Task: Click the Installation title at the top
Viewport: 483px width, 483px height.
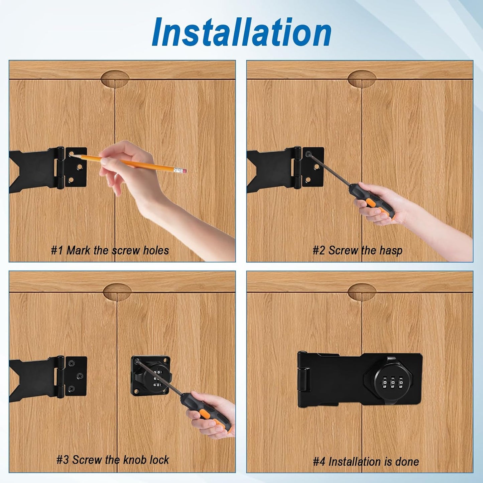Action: [241, 32]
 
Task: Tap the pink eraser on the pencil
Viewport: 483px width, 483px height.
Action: [184, 171]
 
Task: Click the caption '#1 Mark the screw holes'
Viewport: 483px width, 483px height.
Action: [110, 250]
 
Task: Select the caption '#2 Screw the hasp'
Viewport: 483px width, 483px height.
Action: [357, 250]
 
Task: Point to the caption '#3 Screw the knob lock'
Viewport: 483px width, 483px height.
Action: [113, 460]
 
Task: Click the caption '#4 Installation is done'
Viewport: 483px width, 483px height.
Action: [366, 462]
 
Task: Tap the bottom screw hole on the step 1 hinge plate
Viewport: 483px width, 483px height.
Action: [71, 180]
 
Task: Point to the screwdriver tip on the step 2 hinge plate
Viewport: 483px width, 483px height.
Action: [308, 154]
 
